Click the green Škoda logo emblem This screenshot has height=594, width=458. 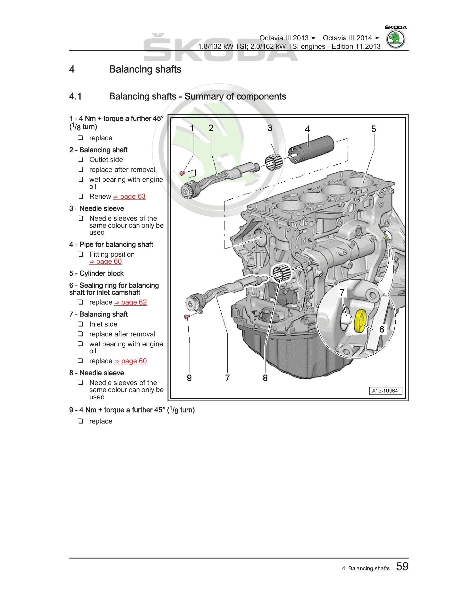[x=395, y=39]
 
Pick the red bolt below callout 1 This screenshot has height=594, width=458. [x=182, y=173]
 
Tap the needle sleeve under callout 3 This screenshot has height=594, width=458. [x=274, y=162]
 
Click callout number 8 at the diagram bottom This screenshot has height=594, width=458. [x=265, y=378]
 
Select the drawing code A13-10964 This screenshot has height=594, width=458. [x=385, y=391]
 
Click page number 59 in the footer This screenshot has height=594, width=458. [x=402, y=567]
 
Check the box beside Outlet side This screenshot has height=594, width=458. [x=81, y=159]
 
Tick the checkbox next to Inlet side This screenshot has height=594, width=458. [x=81, y=324]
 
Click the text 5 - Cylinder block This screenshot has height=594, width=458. [x=96, y=273]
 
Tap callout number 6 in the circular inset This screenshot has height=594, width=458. [x=382, y=329]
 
